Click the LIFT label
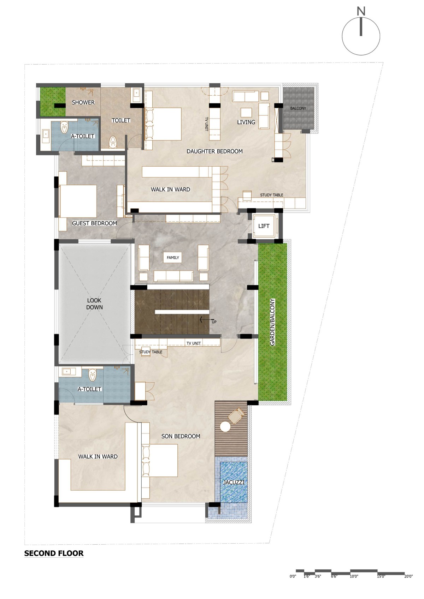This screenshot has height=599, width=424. pos(264,226)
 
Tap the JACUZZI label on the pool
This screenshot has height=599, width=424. pos(234,483)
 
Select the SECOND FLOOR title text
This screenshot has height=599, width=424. pos(54,553)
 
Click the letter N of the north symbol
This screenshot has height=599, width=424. pos(361,12)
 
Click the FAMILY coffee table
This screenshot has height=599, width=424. pos(173,258)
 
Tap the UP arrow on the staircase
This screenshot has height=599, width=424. pos(205,319)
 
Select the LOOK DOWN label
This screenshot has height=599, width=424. pos(94,304)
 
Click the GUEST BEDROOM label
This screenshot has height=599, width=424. pos(94,223)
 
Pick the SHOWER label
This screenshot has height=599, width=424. pos(83,102)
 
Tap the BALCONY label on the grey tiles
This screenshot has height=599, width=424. pos(298,108)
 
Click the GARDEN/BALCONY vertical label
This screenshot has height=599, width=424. pos(272,322)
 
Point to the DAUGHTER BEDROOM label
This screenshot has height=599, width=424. pos(214,151)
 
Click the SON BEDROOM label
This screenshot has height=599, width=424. pos(181,436)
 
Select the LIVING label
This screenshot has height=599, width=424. pos(246,122)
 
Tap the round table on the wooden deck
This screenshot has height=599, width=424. pos(225,426)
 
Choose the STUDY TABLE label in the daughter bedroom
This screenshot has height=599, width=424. pos(271,195)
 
